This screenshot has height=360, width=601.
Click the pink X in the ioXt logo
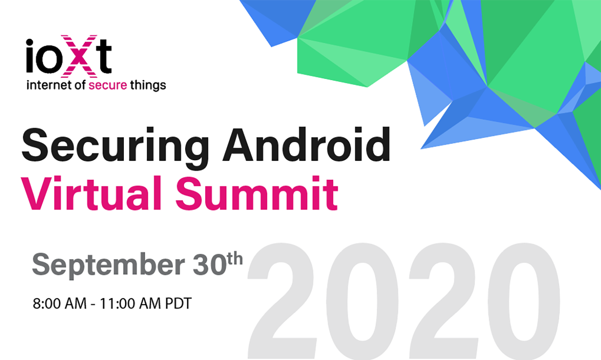pyautogui.click(x=79, y=56)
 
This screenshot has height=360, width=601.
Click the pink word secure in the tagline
pyautogui.click(x=108, y=86)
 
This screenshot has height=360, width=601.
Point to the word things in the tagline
pyautogui.click(x=148, y=86)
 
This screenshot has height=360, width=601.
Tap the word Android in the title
pyautogui.click(x=307, y=144)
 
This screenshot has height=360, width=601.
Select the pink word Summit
pyautogui.click(x=257, y=193)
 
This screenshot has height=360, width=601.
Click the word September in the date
pyautogui.click(x=109, y=265)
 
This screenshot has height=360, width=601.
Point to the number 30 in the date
pyautogui.click(x=210, y=264)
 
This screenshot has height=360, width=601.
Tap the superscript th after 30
pyautogui.click(x=235, y=258)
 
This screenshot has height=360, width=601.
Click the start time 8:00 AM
pyautogui.click(x=60, y=304)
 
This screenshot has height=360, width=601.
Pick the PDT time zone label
pyautogui.click(x=178, y=304)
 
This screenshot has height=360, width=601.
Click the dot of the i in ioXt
pyautogui.click(x=30, y=43)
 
